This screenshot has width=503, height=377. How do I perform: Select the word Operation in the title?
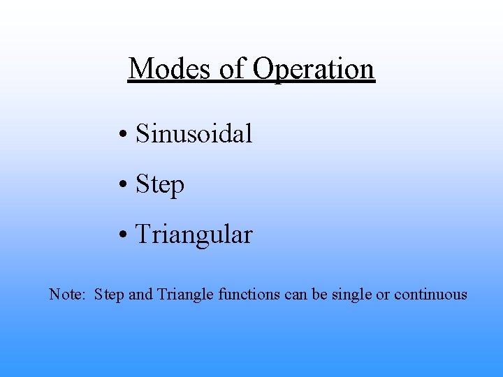click(314, 68)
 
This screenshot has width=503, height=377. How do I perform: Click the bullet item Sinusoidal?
click(194, 133)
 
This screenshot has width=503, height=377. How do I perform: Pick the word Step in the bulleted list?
click(160, 185)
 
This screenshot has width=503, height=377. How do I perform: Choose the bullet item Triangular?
click(194, 235)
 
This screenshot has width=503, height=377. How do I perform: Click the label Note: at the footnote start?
click(67, 295)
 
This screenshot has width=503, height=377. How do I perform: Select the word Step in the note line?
click(109, 295)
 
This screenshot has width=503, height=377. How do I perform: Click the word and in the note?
click(140, 295)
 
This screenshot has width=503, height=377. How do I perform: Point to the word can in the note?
click(296, 295)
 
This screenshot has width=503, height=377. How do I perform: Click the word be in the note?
click(320, 295)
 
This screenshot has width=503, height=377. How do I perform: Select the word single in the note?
click(352, 295)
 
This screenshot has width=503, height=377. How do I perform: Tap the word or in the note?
click(383, 295)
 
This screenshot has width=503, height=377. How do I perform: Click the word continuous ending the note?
click(430, 295)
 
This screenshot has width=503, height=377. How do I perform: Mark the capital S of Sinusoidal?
click(142, 133)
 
